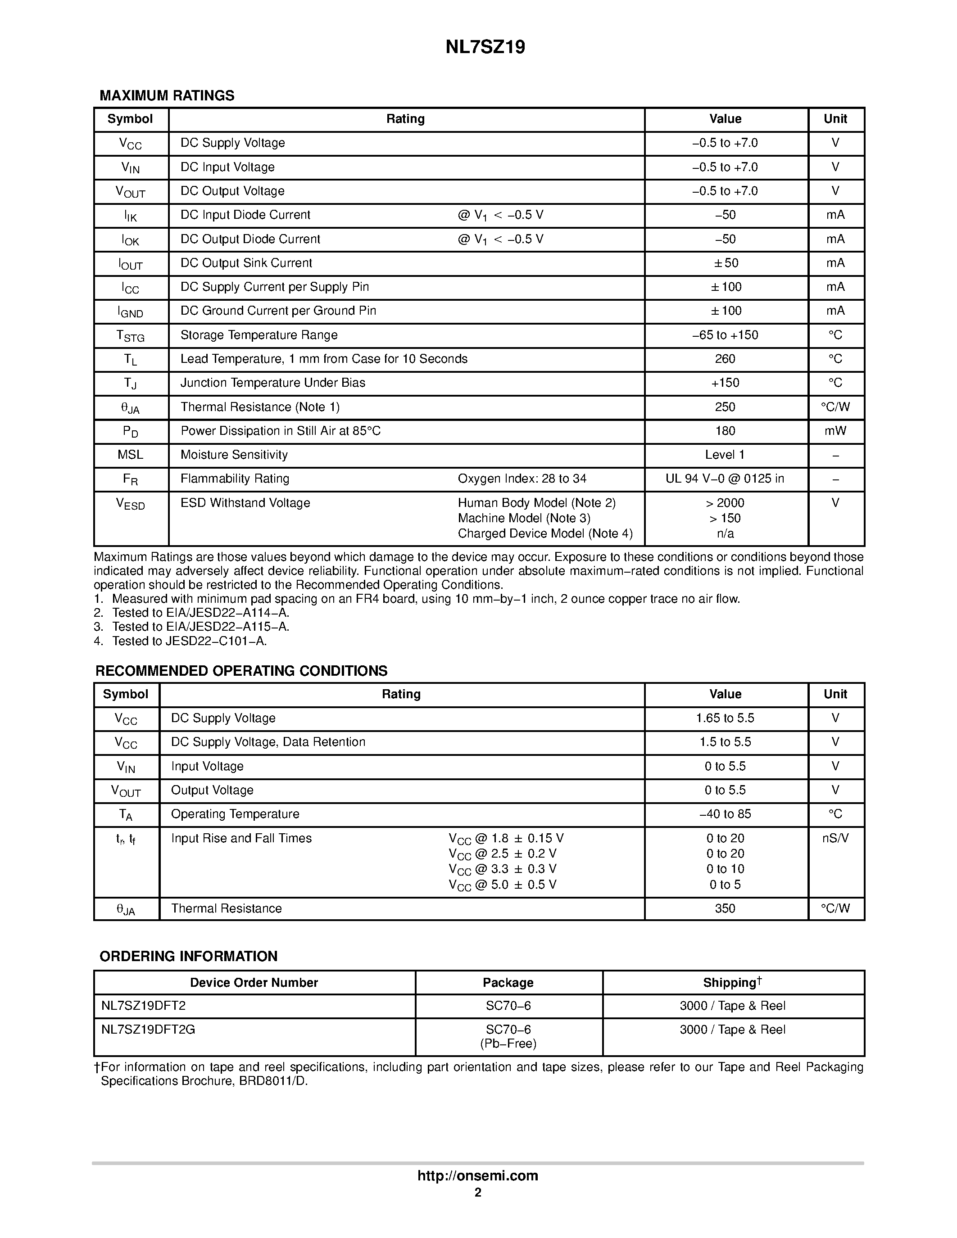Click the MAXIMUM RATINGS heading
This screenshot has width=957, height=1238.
pos(167,95)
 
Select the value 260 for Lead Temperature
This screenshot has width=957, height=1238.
pos(725,359)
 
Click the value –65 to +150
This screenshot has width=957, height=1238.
pos(725,335)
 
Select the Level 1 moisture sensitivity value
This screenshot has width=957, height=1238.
pos(725,455)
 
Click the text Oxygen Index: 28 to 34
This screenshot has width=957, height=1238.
pos(522,479)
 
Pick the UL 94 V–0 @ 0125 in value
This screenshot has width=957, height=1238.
pos(725,479)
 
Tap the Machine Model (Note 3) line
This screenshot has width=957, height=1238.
pos(524,518)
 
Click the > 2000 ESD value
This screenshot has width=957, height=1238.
pos(725,503)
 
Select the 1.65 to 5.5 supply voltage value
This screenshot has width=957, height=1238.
pos(725,718)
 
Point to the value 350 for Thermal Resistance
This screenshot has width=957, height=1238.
pos(725,908)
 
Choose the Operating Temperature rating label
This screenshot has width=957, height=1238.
pos(235,814)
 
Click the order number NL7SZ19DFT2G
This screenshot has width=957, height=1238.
pos(148,1030)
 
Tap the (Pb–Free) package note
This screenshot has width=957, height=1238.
pos(508,1044)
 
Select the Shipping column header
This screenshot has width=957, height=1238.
pos(732,982)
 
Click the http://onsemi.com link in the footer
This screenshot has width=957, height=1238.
pos(477,1175)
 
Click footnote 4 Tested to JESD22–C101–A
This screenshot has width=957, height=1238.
pos(189,641)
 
